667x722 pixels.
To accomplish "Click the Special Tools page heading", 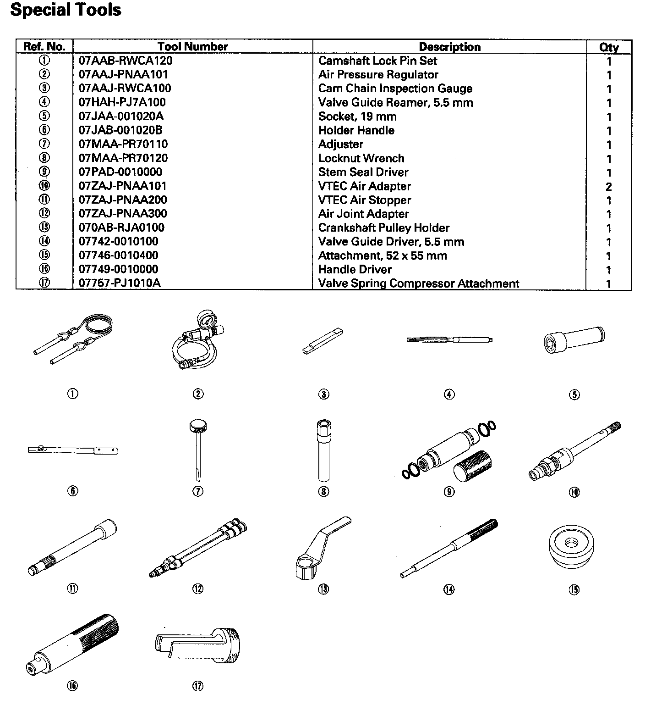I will point(66,10).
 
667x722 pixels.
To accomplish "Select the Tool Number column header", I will point(192,46).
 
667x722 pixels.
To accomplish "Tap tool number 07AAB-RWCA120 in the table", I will point(126,61).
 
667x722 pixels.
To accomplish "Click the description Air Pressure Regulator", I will point(378,74).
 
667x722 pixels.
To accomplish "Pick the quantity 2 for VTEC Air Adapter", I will point(608,187).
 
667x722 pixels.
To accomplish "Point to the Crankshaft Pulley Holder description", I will point(383,228).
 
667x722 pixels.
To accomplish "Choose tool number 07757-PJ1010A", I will point(119,283).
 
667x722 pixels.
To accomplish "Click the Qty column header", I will point(608,47).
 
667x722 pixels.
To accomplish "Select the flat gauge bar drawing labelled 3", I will point(323,341).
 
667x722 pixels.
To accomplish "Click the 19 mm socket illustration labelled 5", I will point(574,339).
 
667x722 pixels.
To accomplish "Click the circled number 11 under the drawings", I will point(72,589).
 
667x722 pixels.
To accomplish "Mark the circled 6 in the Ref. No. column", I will point(44,130).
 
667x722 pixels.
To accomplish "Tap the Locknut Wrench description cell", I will point(361,158).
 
